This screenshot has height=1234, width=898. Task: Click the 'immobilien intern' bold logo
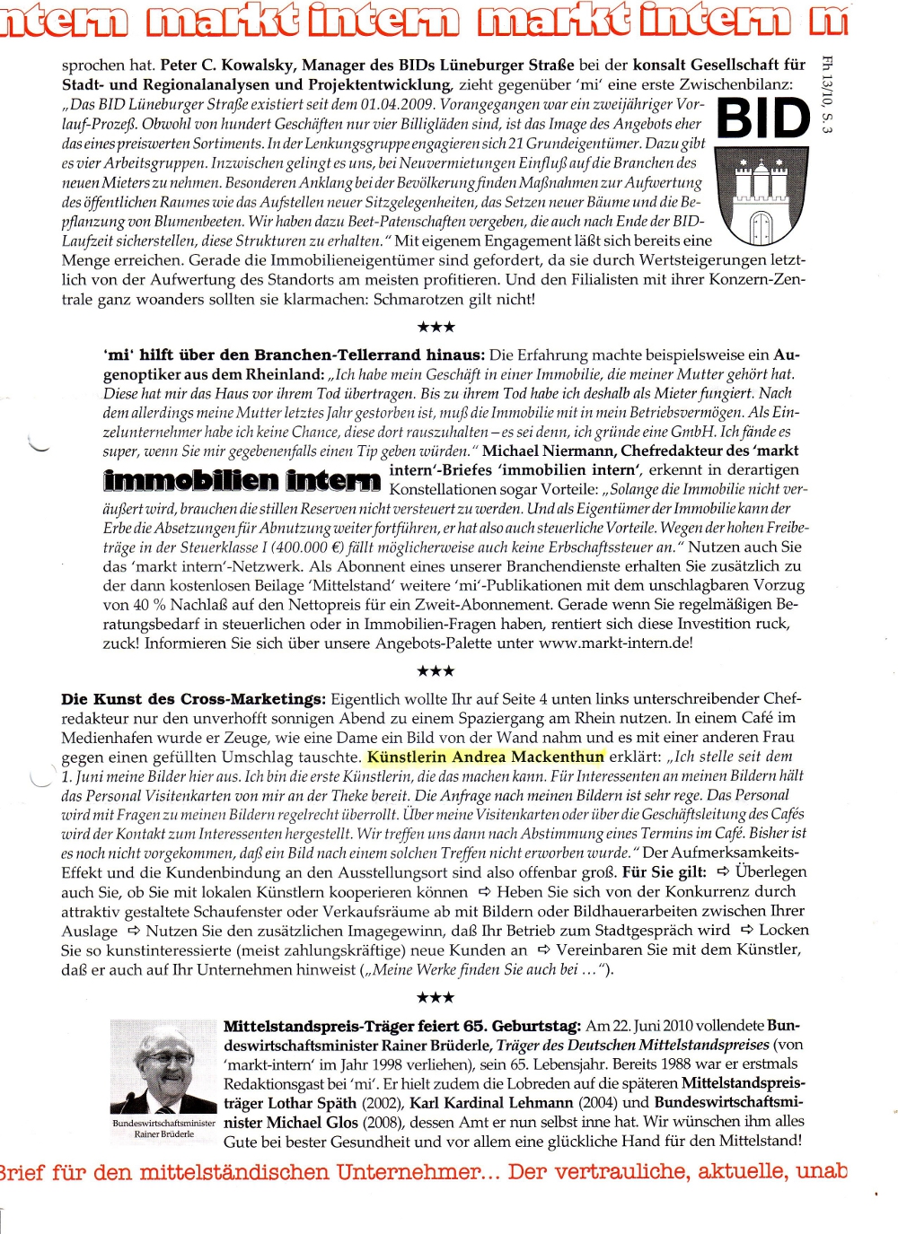click(x=242, y=481)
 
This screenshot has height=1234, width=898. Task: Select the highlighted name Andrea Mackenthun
click(x=486, y=757)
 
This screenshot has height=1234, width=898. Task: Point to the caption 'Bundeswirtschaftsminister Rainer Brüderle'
click(x=164, y=1128)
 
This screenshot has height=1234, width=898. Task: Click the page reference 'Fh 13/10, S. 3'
click(x=827, y=94)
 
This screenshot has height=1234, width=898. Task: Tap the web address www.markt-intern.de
click(x=615, y=643)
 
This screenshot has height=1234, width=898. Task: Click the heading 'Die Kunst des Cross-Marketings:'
click(x=193, y=698)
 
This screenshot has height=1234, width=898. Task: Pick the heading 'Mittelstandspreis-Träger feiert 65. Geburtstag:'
click(x=401, y=1026)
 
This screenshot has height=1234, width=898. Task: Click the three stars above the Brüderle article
click(x=436, y=997)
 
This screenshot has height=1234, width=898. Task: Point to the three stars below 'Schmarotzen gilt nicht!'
click(x=436, y=327)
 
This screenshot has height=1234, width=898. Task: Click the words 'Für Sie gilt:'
click(x=665, y=872)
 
